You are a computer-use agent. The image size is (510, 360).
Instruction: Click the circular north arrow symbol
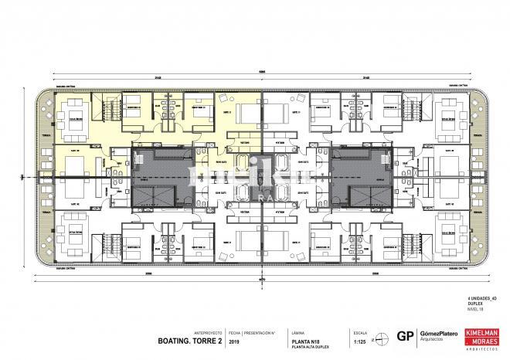[x=378, y=336]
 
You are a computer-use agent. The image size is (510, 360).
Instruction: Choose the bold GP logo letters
[x=403, y=335]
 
